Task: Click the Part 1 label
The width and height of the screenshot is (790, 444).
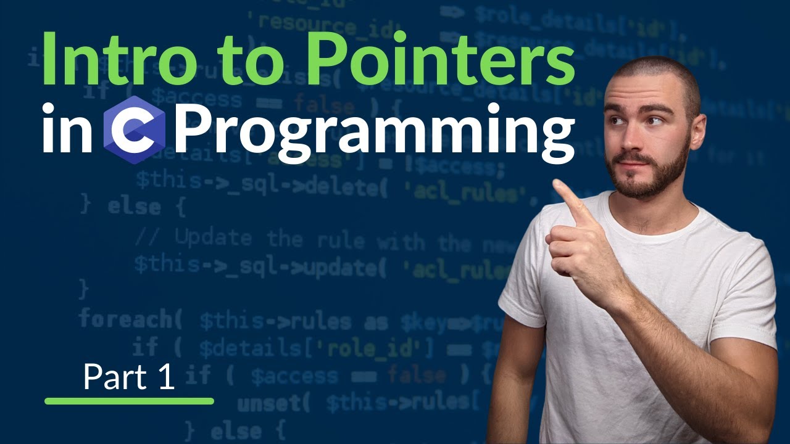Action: [x=129, y=377]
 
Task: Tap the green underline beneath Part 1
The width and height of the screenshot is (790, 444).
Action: [x=129, y=401]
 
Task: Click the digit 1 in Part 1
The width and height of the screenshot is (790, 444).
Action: [x=165, y=377]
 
